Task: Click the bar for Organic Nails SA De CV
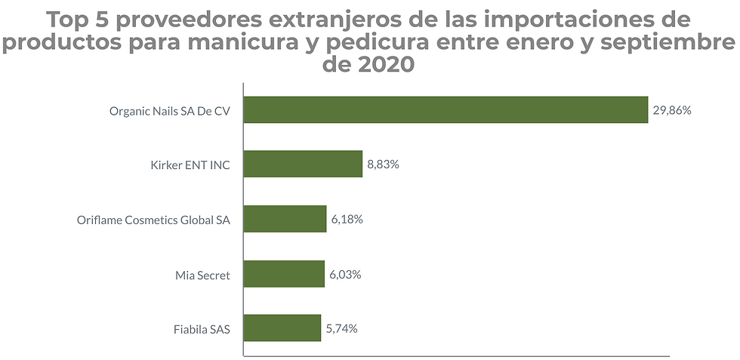pos(446,110)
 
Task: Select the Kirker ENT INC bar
pos(303,164)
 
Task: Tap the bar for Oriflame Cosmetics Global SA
pos(285,219)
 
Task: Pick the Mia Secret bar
pos(284,274)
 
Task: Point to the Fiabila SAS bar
pos(282,328)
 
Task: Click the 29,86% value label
pos(672,110)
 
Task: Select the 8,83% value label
pos(384,164)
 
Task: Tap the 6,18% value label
pos(347,220)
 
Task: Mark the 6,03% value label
pos(345,274)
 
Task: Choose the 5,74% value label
pos(342,328)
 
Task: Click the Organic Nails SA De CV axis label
pos(169,111)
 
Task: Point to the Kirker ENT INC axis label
pos(190,165)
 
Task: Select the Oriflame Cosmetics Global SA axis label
pos(153,220)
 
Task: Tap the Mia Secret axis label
pos(202,275)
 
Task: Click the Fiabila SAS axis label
pos(201,329)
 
